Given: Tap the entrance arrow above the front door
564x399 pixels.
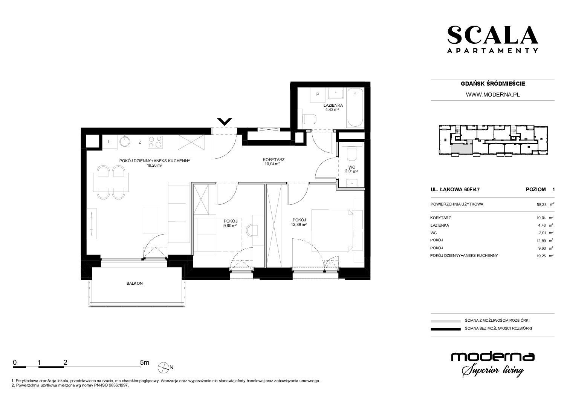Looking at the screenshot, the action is (225, 122).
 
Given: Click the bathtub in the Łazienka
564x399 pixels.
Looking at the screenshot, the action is (355, 108).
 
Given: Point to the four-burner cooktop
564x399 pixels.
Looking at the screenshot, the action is (155, 142).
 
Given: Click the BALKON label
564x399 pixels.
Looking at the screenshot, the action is (135, 283).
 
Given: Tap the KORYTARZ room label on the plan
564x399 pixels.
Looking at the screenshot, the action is (274, 160).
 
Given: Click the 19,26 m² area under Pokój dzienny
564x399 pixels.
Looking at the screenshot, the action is (154, 165).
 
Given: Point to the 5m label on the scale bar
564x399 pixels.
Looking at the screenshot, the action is (145, 362).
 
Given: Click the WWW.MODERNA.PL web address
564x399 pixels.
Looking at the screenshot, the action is (493, 95).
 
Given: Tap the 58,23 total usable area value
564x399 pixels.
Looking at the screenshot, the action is (541, 205).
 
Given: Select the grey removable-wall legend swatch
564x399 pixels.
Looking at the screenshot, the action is (446, 321).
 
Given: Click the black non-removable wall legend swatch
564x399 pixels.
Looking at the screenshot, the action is (446, 329).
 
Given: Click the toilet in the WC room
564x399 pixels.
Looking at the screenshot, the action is (352, 153).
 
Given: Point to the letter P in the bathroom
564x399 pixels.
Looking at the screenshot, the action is (318, 94).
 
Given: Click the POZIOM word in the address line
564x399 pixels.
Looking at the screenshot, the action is (536, 189).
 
